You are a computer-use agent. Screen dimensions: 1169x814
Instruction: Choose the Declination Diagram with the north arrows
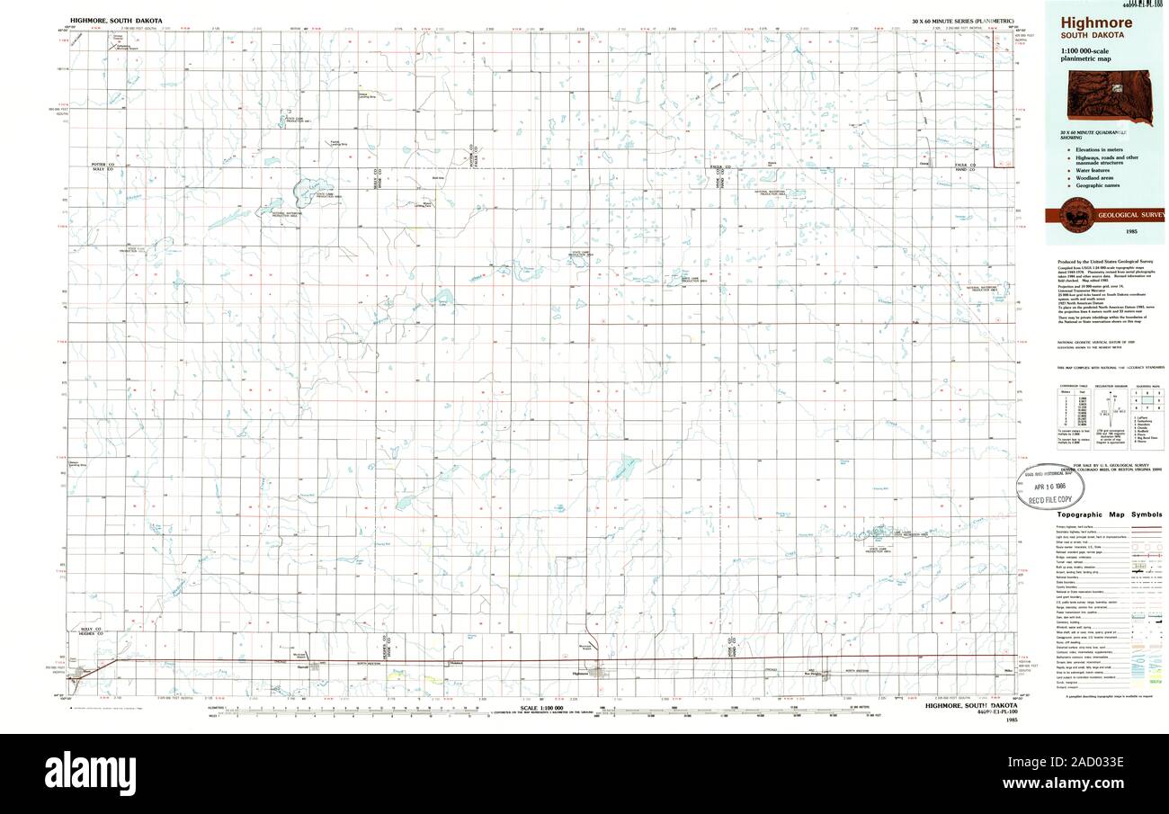tap(1116, 415)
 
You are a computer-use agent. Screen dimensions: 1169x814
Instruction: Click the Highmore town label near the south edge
tap(579, 674)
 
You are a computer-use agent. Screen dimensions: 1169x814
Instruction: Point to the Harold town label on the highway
tap(302, 667)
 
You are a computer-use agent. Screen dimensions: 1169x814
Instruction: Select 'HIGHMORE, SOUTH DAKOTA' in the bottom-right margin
tap(972, 706)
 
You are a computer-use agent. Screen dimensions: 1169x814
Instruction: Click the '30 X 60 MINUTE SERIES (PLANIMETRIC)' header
tap(962, 20)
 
